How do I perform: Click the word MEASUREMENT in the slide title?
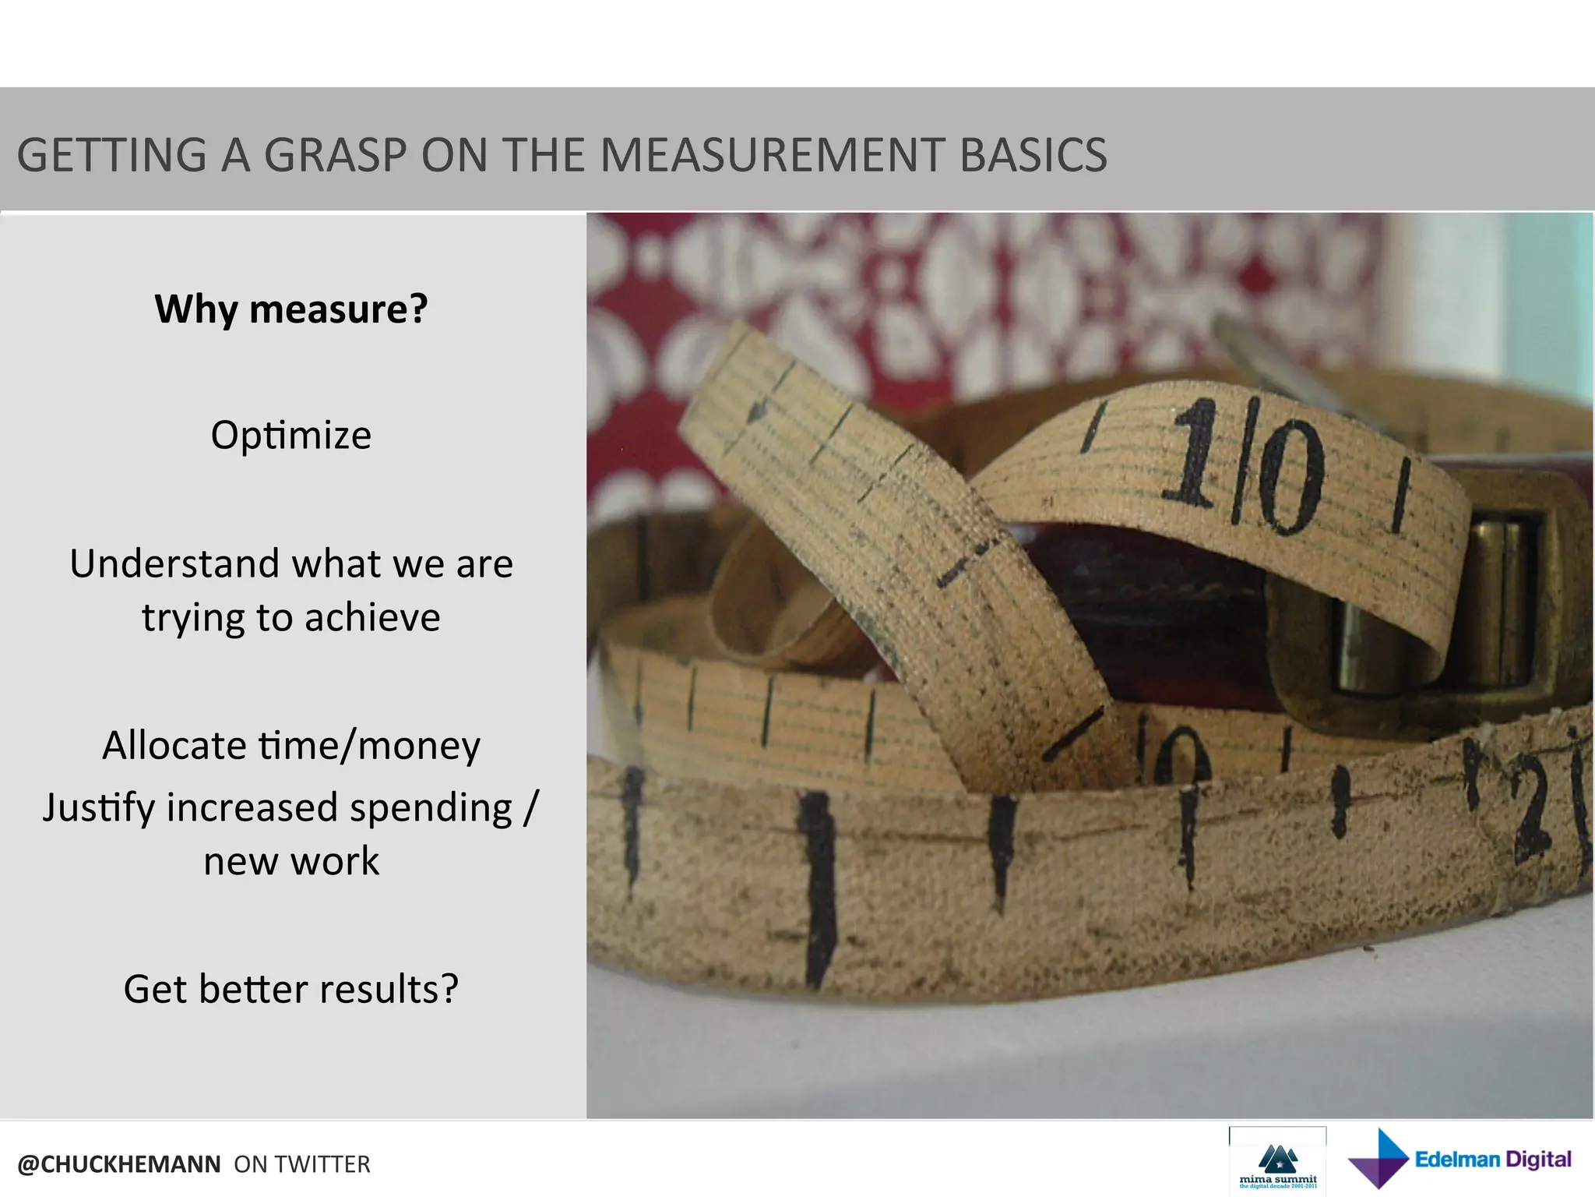[x=771, y=155]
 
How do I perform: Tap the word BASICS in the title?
[x=1033, y=155]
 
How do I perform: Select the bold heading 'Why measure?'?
[x=291, y=309]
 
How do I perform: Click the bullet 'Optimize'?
[x=291, y=435]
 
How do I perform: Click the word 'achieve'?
[x=372, y=618]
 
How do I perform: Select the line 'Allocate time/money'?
[x=291, y=746]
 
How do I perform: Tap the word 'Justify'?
[x=98, y=808]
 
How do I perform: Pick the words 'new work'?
[x=291, y=862]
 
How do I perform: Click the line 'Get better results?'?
[x=291, y=990]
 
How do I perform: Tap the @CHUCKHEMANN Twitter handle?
[x=119, y=1164]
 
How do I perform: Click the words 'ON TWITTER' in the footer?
[x=302, y=1164]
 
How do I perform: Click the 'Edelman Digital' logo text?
[x=1493, y=1160]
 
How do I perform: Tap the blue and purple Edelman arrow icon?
[x=1378, y=1159]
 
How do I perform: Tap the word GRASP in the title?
[x=335, y=155]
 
